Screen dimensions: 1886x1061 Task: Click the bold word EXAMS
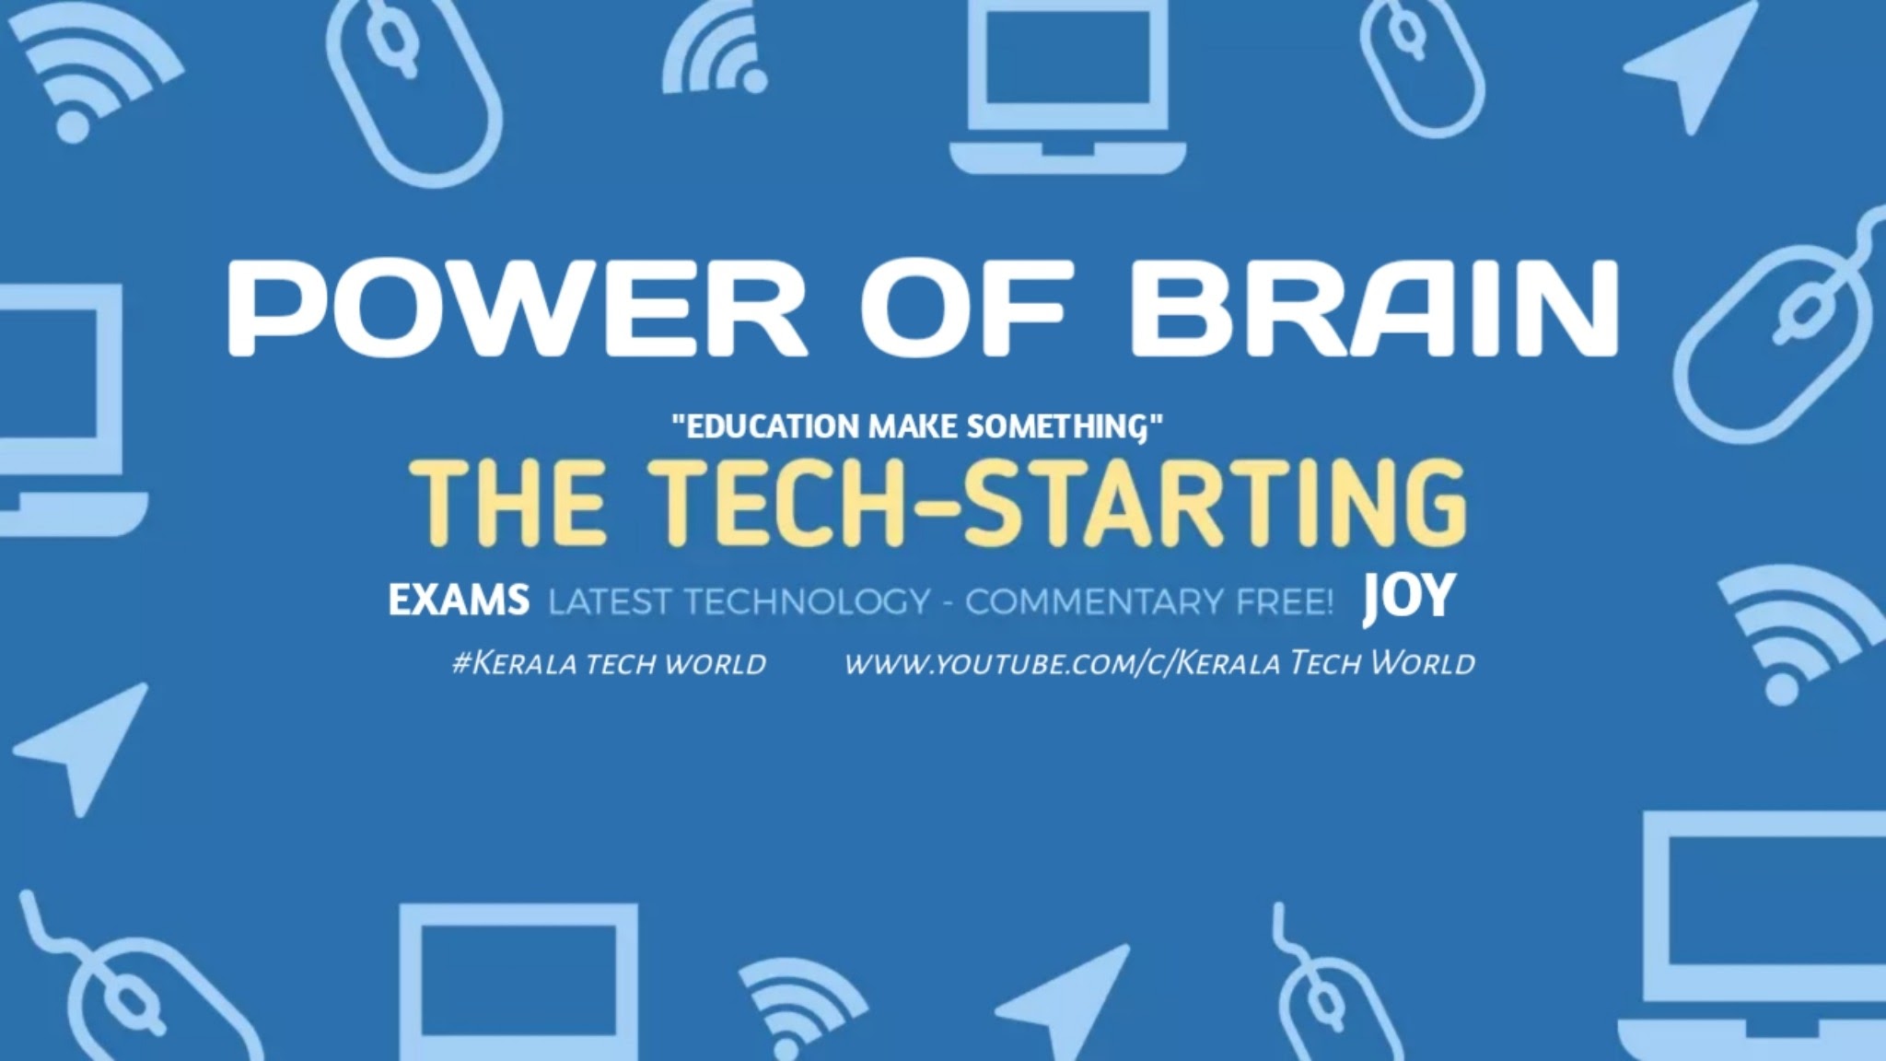click(459, 600)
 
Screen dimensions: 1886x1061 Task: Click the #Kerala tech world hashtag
click(609, 663)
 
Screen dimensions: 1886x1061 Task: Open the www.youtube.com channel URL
click(1159, 663)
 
